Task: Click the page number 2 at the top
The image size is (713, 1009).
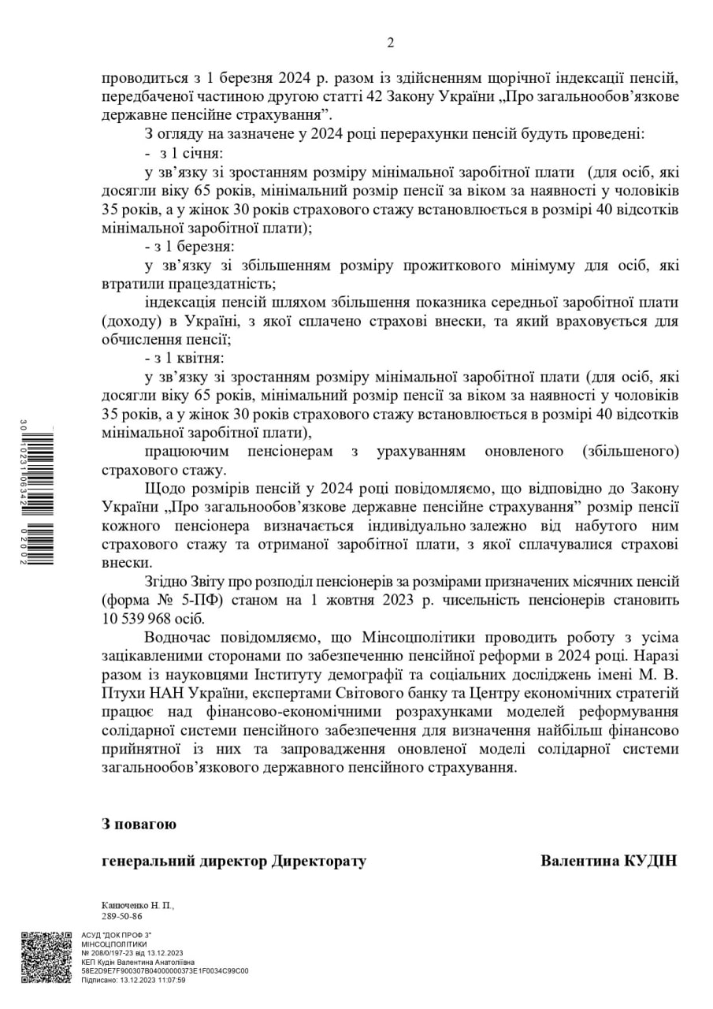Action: point(390,43)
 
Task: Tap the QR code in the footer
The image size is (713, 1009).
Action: point(46,958)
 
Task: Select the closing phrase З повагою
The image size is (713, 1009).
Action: point(139,824)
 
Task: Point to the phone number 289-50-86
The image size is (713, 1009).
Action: point(121,916)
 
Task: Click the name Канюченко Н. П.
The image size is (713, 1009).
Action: point(138,906)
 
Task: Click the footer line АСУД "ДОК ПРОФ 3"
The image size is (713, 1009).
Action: point(117,935)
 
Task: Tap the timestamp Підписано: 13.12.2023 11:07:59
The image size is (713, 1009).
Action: point(133,980)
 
